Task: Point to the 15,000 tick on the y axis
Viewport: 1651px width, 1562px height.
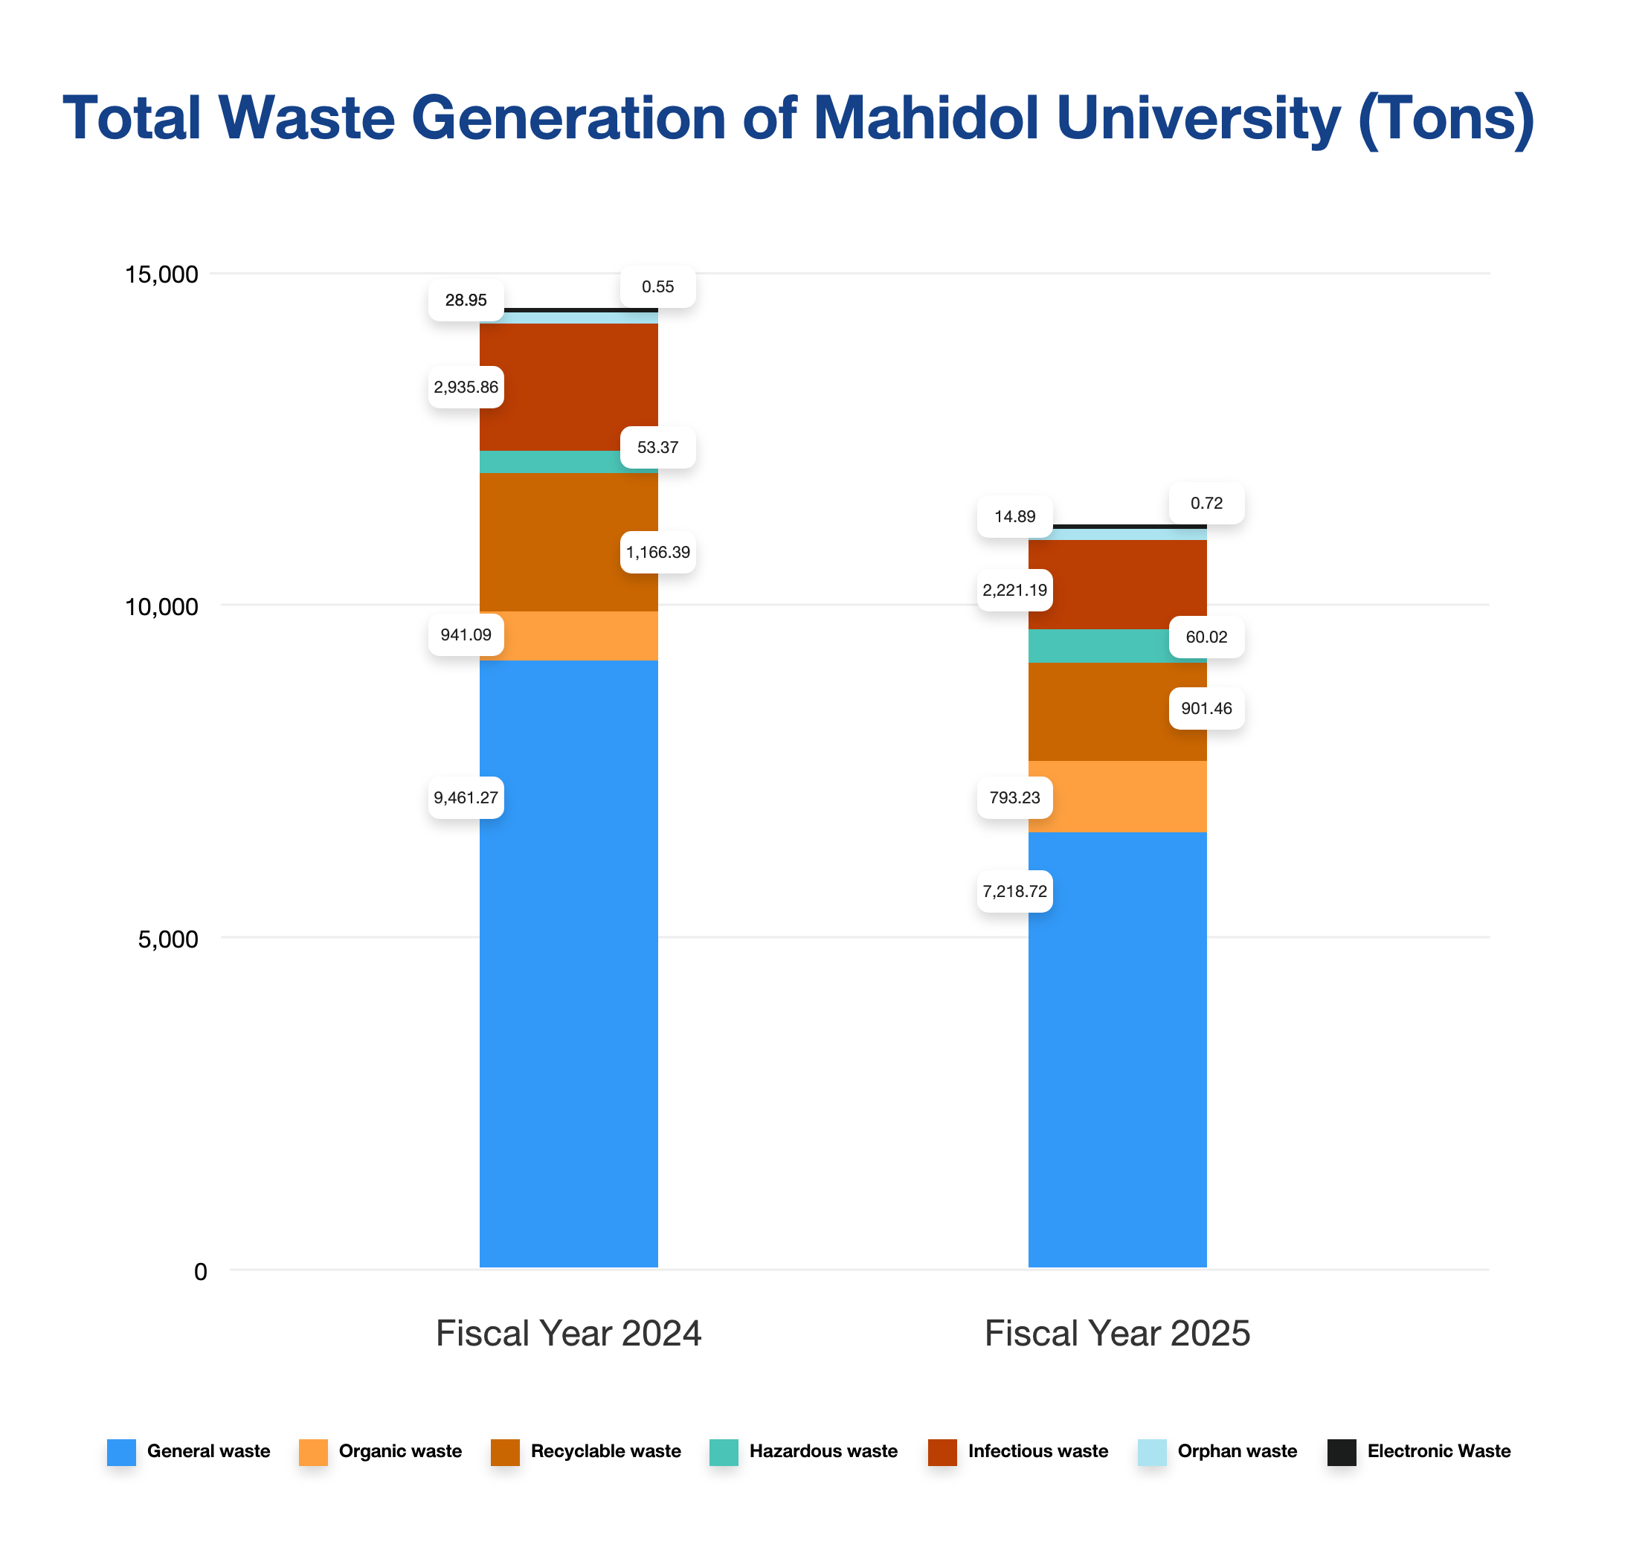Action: click(161, 274)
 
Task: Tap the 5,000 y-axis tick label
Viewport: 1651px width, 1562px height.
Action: click(168, 940)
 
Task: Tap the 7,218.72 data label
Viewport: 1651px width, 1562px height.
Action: click(1015, 892)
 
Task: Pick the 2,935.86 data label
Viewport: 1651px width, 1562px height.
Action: click(466, 388)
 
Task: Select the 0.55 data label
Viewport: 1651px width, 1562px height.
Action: click(657, 287)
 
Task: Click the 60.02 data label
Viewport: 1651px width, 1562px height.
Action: click(1206, 637)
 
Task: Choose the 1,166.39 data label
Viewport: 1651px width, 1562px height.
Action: click(657, 553)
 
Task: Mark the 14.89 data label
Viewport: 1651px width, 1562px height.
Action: click(1015, 517)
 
